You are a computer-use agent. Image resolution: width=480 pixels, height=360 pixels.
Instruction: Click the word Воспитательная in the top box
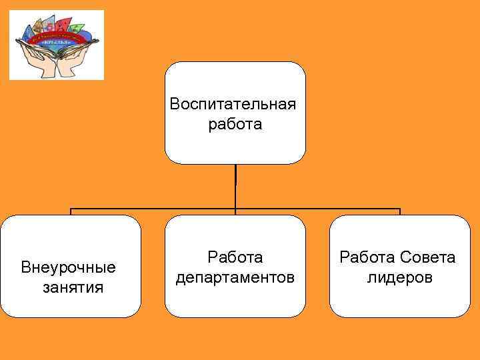coord(233,105)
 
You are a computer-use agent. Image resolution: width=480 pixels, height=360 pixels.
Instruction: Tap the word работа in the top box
coord(235,125)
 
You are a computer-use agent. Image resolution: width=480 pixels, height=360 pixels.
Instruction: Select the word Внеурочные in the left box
coord(69,268)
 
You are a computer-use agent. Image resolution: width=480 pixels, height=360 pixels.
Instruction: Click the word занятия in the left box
coord(73,287)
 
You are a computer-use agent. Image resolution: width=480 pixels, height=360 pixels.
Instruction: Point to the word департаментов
coord(235,276)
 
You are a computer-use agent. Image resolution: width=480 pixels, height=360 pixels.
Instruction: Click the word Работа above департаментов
coord(235,257)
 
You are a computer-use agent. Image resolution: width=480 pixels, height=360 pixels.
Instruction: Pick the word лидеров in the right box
coord(399,277)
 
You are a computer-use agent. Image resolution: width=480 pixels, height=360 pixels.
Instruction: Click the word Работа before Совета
coord(369,257)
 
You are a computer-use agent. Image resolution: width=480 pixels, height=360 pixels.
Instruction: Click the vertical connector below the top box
coord(235,187)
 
